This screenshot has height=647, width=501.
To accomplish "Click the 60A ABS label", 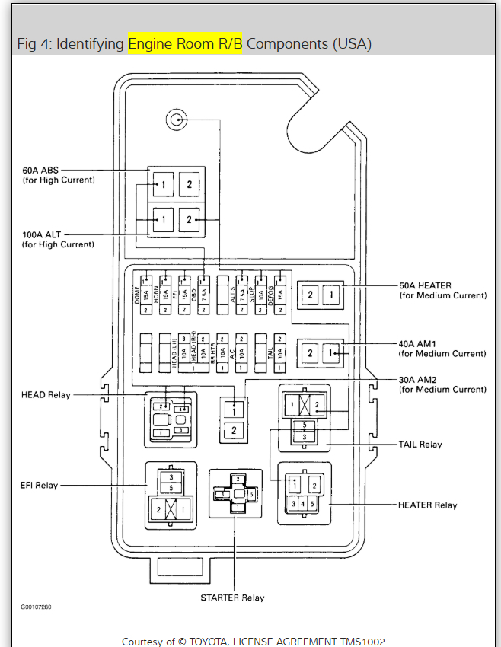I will (46, 170).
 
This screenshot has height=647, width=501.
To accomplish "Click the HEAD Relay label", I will (46, 395).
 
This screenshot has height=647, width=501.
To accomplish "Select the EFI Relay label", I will (39, 485).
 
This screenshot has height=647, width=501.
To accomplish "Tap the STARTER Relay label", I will (232, 598).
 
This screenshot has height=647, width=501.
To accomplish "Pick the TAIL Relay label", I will (420, 445).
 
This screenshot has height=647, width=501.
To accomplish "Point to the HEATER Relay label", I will (427, 505).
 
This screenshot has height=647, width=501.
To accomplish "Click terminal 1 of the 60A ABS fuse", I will (163, 183).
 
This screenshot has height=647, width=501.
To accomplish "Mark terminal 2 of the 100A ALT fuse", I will (190, 220).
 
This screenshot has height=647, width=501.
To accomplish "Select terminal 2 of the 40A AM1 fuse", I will (310, 352).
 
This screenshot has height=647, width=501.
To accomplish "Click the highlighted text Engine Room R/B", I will (185, 43).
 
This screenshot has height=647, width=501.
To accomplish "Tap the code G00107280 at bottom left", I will (37, 607).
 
